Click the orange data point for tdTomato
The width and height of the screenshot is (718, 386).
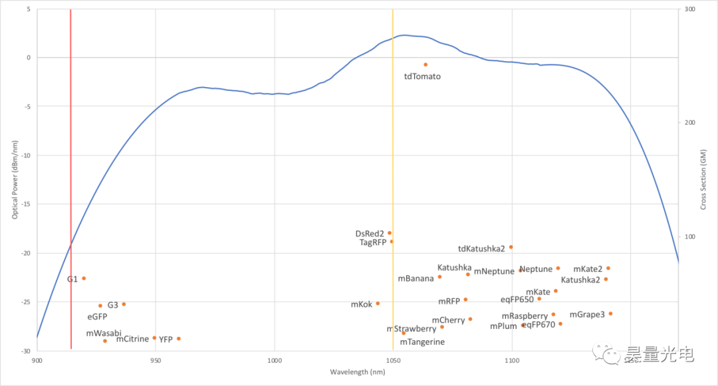[425, 64]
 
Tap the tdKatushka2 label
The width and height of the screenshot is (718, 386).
[481, 249]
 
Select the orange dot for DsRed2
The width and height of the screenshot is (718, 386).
[390, 233]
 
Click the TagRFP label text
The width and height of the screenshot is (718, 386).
[373, 242]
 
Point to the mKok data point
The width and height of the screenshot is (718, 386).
[378, 304]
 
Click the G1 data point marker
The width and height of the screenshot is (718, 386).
[84, 278]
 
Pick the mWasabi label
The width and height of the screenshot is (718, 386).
[104, 333]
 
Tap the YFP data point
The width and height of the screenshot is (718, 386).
[178, 339]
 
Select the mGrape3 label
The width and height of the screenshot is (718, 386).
[587, 314]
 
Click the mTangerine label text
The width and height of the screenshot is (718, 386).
[422, 342]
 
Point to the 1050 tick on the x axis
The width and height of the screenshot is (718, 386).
[393, 361]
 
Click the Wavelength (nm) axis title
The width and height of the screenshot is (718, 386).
[358, 372]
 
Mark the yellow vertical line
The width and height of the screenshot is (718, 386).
[393, 199]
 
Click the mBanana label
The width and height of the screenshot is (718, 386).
[416, 278]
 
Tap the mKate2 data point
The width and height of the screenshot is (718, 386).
[608, 268]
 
